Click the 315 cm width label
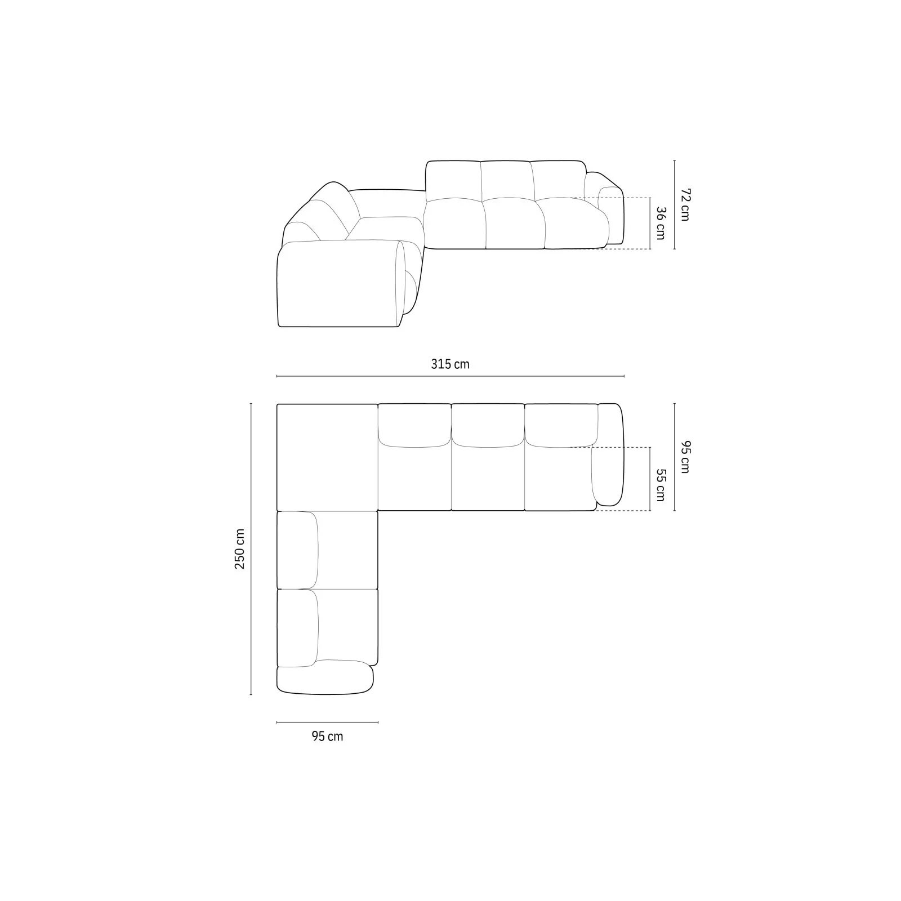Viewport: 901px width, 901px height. pyautogui.click(x=450, y=364)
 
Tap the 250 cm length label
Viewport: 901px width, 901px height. pyautogui.click(x=240, y=548)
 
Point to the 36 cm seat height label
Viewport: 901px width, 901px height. pyautogui.click(x=659, y=224)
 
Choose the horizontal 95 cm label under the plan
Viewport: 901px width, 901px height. pyautogui.click(x=327, y=736)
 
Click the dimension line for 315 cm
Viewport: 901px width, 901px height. pyautogui.click(x=450, y=376)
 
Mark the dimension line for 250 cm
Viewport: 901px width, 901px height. pyautogui.click(x=251, y=549)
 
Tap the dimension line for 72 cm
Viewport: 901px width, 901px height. pyautogui.click(x=674, y=204)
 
